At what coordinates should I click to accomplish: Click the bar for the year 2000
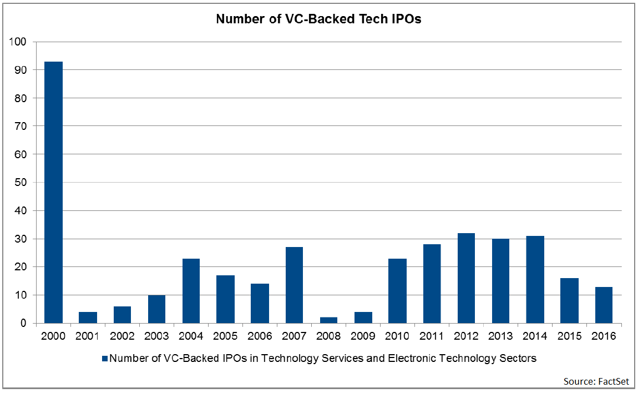tap(53, 192)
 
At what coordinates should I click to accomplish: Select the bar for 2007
tap(294, 285)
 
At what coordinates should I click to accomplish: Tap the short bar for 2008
tap(328, 320)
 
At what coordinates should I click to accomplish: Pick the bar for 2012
tap(465, 278)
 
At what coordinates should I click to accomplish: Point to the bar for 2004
tap(191, 290)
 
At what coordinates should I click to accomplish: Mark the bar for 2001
tap(88, 318)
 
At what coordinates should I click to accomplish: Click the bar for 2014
tap(534, 279)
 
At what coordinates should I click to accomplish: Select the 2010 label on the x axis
tap(397, 336)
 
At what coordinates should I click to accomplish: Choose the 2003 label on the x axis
tap(156, 336)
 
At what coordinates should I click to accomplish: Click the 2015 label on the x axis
tap(569, 336)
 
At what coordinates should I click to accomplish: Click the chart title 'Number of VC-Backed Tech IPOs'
tap(318, 19)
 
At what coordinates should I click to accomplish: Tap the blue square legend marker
tap(104, 359)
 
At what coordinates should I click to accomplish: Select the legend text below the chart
tap(323, 359)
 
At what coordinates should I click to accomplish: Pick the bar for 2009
tap(363, 318)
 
